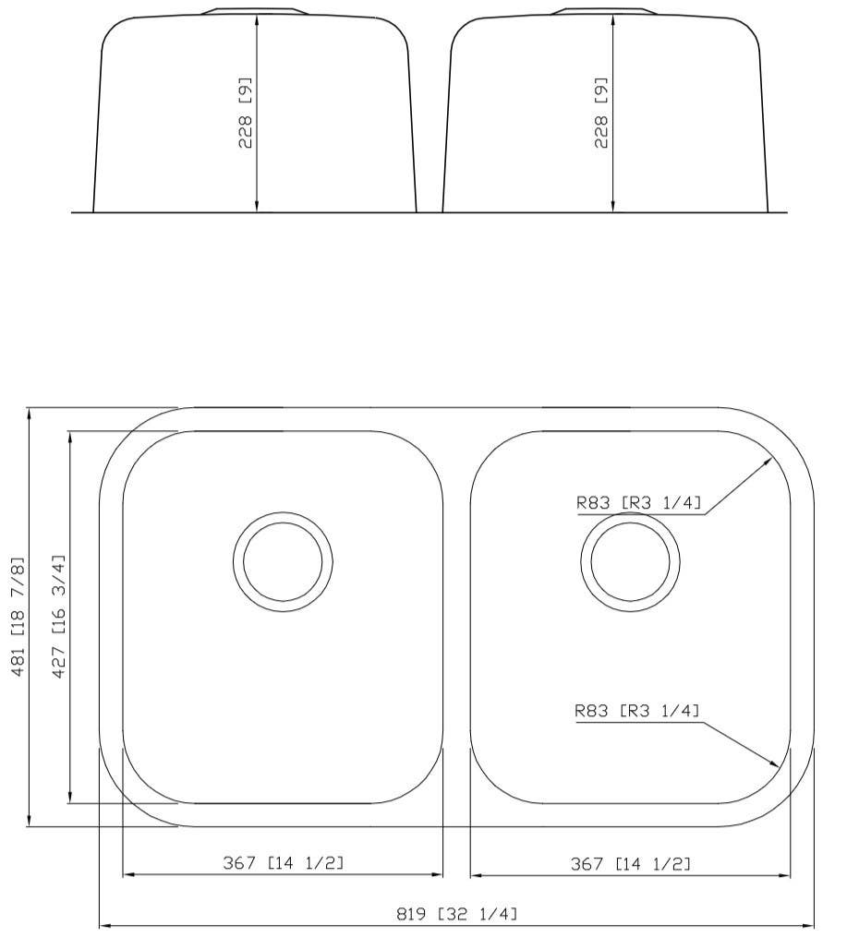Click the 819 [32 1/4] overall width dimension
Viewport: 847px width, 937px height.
[456, 914]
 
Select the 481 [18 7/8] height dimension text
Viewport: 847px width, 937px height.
[17, 616]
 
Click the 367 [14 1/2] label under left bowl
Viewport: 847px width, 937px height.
[283, 863]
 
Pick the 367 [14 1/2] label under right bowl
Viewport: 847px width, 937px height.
[630, 863]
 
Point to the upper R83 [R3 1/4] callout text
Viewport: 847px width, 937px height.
[638, 503]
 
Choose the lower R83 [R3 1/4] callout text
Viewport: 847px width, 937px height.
[637, 711]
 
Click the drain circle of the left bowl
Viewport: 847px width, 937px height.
[283, 560]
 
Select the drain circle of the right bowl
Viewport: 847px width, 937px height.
[630, 560]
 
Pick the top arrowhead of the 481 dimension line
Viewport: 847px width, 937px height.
[30, 413]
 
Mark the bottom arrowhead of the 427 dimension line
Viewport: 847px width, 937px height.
[70, 798]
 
